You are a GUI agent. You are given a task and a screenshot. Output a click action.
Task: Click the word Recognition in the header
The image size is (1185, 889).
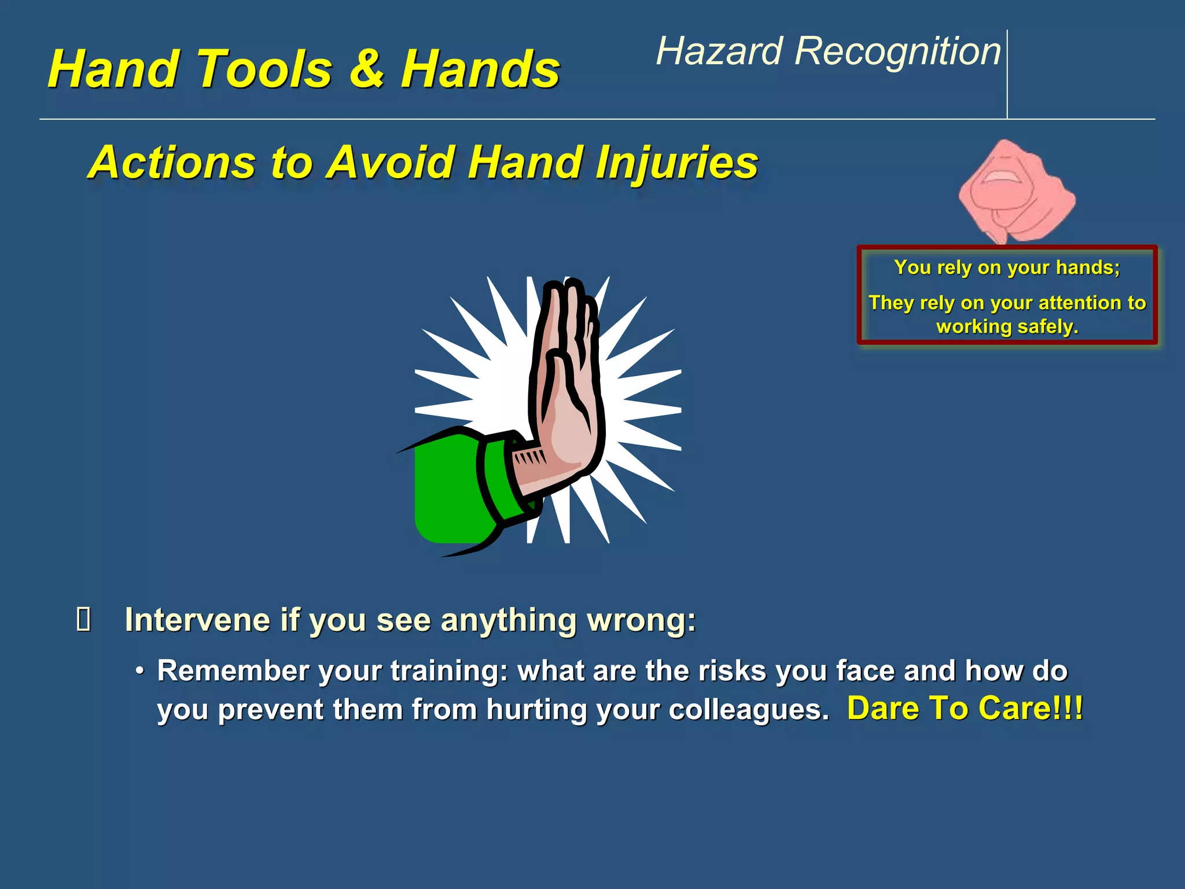click(897, 52)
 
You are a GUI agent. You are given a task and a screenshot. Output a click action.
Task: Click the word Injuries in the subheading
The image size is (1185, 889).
click(676, 163)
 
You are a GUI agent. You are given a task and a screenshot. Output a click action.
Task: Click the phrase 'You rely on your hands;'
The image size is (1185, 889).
click(1007, 267)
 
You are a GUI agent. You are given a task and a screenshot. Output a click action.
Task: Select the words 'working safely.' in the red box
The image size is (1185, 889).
click(1007, 327)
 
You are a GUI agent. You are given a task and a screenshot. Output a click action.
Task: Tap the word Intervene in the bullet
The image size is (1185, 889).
click(197, 620)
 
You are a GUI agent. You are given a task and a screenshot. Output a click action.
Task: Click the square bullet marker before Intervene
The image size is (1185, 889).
click(83, 620)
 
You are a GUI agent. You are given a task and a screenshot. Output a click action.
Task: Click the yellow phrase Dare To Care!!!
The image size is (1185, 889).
click(965, 708)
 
